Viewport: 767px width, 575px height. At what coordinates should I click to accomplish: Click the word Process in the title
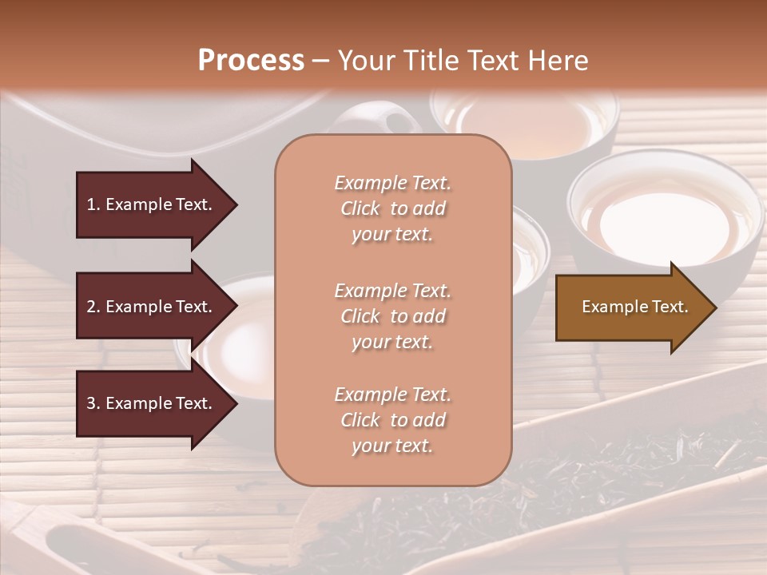(x=251, y=61)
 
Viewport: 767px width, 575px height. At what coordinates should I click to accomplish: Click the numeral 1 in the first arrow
(x=90, y=204)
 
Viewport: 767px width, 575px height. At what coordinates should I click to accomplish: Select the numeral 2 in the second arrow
(x=90, y=307)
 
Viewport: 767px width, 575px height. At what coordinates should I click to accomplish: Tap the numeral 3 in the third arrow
(x=90, y=403)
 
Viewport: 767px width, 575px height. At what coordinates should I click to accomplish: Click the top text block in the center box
(x=392, y=208)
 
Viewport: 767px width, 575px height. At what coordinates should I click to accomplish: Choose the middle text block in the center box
(x=392, y=316)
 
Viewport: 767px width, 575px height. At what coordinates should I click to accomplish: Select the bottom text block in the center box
(x=392, y=420)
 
